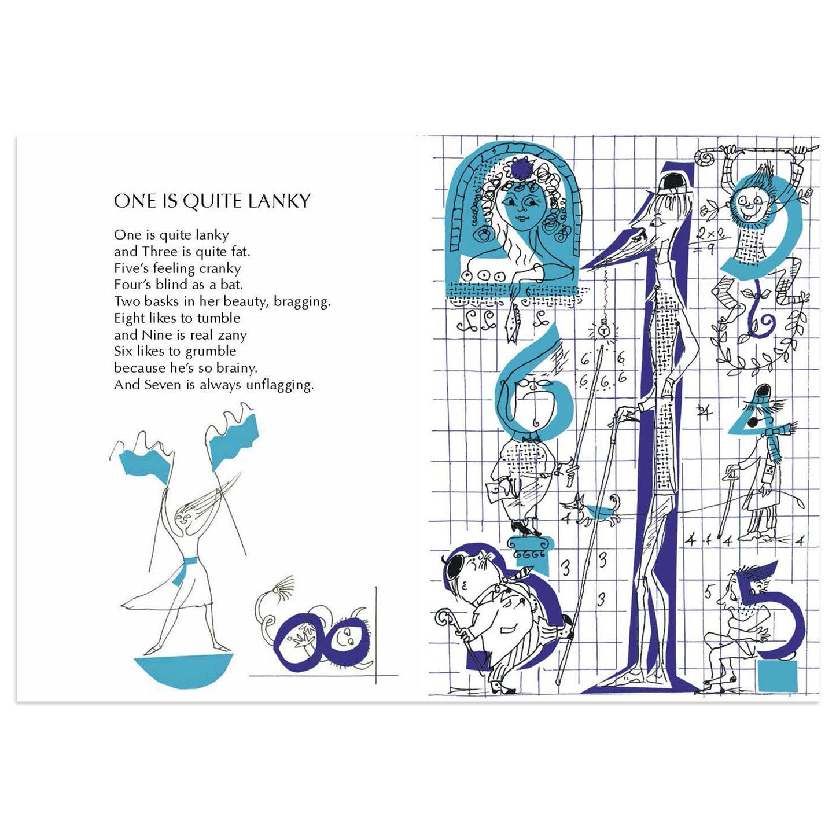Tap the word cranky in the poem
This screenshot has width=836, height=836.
pos(219,269)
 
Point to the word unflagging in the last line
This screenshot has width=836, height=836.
pos(279,386)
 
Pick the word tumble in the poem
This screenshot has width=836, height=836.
pos(218,318)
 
